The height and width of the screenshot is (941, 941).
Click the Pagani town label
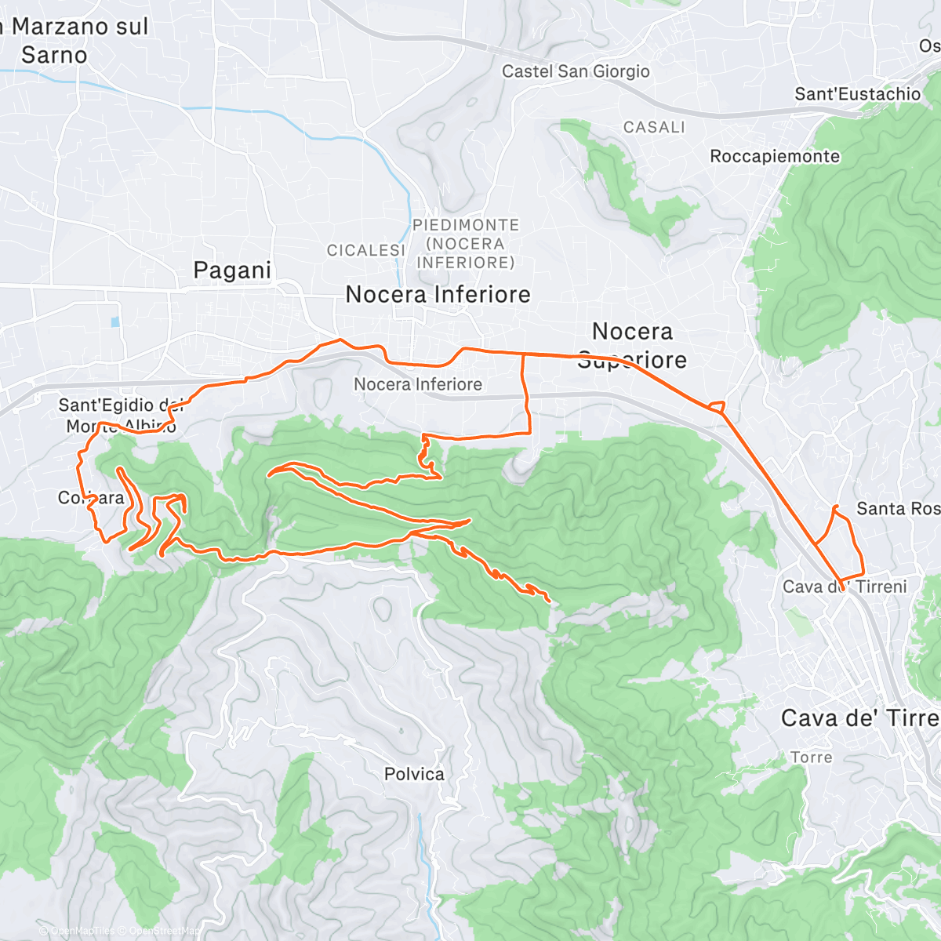(232, 271)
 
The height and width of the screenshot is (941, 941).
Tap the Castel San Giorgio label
(576, 71)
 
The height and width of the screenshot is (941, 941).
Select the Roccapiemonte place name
(775, 156)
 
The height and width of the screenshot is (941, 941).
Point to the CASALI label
(654, 127)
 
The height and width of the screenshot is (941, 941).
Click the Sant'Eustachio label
(857, 94)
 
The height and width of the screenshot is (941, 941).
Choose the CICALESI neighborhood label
(365, 250)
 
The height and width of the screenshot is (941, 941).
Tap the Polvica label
(414, 774)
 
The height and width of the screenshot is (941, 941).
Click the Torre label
(811, 758)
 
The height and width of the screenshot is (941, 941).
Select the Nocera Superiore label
(632, 345)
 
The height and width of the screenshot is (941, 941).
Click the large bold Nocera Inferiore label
(438, 295)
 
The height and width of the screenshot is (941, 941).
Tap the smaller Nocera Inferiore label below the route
(417, 384)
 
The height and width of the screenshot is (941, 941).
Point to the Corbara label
(91, 498)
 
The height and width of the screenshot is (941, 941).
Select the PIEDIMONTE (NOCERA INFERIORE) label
(466, 244)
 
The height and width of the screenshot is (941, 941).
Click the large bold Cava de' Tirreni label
(859, 718)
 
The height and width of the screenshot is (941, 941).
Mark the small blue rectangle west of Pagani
(116, 322)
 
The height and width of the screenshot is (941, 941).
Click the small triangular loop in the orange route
(716, 406)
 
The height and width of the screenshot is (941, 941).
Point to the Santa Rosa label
(897, 509)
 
